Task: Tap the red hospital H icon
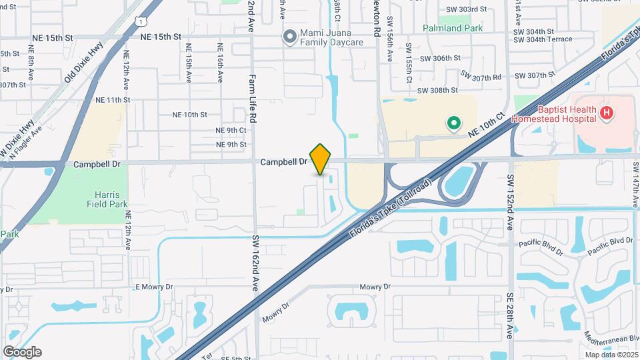(x=606, y=113)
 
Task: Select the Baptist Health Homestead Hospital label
(x=553, y=114)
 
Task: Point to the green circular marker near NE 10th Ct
(x=454, y=123)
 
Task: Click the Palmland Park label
(x=452, y=29)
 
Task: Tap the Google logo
(x=22, y=352)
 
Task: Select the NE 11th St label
(x=111, y=100)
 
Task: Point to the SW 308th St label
(x=437, y=90)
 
